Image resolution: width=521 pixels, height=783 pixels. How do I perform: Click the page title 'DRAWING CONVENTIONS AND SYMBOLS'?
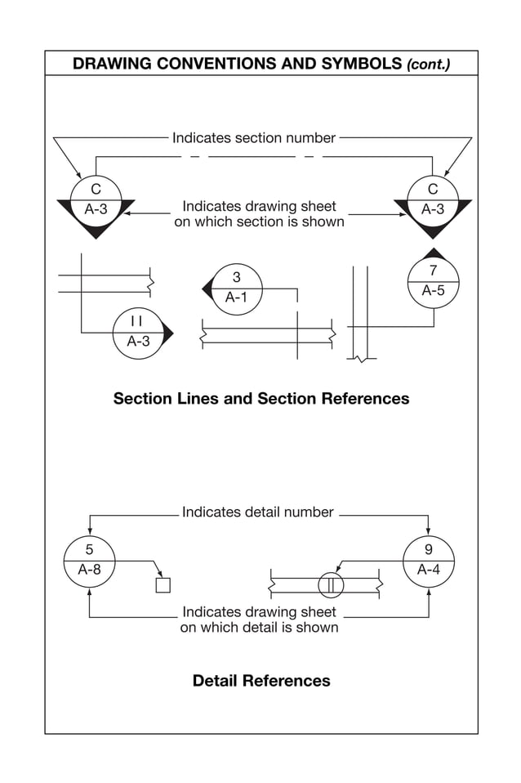coord(238,64)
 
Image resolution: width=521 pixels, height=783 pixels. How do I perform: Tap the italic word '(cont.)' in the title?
coord(428,65)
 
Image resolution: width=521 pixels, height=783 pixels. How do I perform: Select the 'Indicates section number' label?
coord(253,138)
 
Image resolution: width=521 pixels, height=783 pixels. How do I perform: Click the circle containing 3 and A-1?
coord(237,289)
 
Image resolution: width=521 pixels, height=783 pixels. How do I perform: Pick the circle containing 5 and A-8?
coord(89,561)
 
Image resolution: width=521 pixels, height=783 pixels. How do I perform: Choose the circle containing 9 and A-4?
coord(429,561)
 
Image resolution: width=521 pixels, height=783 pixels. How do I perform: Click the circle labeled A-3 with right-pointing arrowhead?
coord(139,333)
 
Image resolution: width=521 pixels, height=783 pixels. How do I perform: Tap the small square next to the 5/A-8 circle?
coord(163,585)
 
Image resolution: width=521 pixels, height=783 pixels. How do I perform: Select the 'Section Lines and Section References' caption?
coord(260,399)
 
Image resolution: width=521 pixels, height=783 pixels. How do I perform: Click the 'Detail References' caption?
coord(261,681)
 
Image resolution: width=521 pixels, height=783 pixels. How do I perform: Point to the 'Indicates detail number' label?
coord(257,512)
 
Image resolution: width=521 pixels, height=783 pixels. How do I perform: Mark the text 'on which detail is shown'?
coord(259,628)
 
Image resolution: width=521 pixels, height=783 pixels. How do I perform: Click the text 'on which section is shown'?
coord(259,221)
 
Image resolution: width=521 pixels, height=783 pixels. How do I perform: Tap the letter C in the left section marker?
coord(96,190)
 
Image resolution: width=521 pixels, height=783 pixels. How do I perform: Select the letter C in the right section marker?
coord(433,190)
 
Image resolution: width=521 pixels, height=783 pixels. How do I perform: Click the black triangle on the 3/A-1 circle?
coord(207,289)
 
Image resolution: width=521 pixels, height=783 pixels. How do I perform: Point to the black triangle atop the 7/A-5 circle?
coord(433,253)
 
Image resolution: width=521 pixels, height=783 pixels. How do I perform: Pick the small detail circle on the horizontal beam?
coord(331,585)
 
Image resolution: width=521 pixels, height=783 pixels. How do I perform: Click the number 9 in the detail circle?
coord(429,550)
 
